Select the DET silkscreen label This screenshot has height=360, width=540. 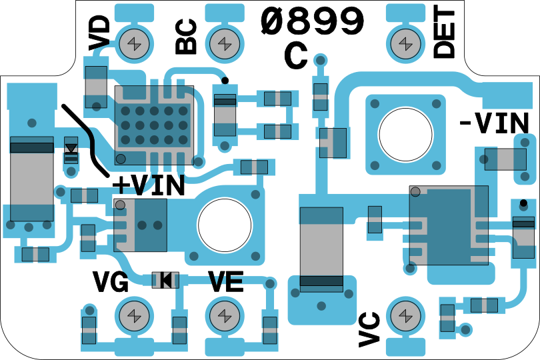coord(444,33)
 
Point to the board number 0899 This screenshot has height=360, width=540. coord(313,22)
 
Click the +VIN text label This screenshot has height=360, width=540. coord(148,185)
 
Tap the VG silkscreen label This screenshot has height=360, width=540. coord(111,283)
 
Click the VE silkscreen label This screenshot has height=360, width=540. coord(225,283)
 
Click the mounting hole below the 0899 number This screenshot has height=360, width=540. coord(405,133)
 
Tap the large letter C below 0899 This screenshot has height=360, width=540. coord(296,57)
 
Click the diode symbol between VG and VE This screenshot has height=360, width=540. coord(165,280)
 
